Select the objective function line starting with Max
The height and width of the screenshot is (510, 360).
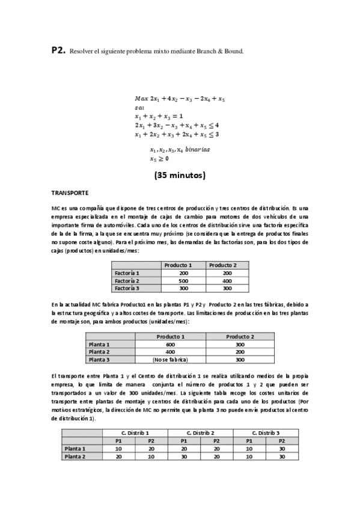click(x=180, y=98)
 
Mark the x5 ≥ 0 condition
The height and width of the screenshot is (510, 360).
click(x=159, y=159)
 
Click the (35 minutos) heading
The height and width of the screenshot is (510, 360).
click(x=180, y=176)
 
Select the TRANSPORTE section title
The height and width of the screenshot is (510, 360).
click(x=70, y=193)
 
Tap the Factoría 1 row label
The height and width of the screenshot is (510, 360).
click(x=127, y=273)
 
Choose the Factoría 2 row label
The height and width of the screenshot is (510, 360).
click(x=127, y=280)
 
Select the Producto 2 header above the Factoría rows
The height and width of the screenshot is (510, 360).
click(x=222, y=265)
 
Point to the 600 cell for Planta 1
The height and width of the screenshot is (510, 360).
click(x=171, y=344)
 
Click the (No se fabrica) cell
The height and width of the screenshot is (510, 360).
click(x=171, y=359)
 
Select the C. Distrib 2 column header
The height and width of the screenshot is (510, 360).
click(x=200, y=433)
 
